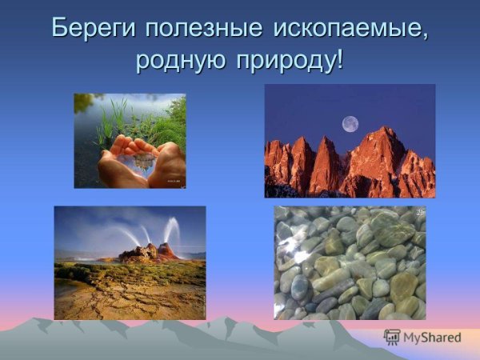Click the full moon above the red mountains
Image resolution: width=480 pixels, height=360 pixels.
pos(350,124)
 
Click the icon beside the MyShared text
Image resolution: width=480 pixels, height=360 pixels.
pos(392,338)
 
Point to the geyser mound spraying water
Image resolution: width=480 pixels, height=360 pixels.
pos(148,252)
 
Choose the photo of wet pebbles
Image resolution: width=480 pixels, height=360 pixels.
pos(350,262)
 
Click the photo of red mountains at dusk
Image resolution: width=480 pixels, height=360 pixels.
pos(350,141)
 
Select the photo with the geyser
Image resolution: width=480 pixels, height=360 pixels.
pos(130,262)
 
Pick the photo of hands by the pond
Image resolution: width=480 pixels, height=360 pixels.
pos(130,141)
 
